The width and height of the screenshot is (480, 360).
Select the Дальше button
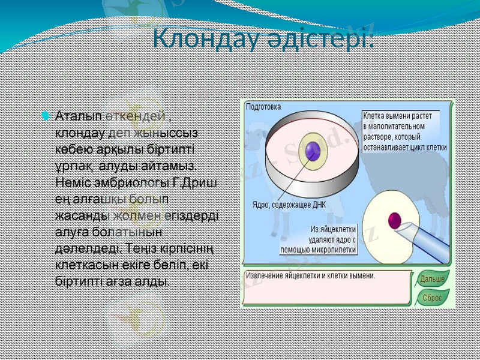click(x=432, y=280)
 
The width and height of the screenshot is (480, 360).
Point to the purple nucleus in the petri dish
click(x=312, y=152)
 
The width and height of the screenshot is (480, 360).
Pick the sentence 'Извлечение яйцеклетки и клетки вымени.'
click(x=312, y=276)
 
